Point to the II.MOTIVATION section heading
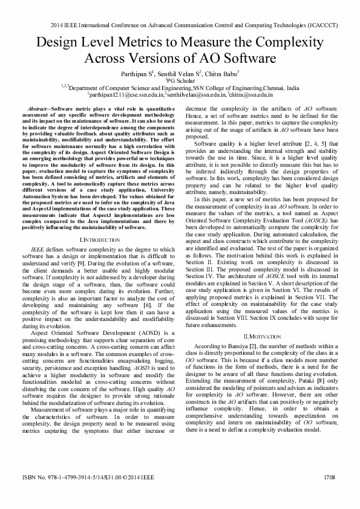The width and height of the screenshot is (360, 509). [x=262, y=336]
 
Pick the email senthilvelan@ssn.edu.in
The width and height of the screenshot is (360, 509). [x=195, y=94]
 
